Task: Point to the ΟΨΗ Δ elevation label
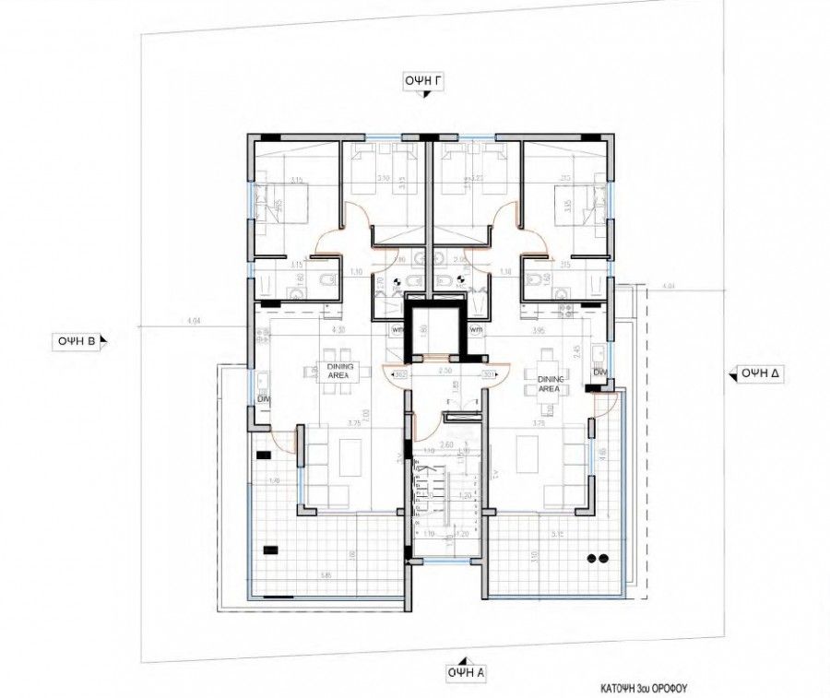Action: [758, 373]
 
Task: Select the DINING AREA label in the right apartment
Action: [550, 384]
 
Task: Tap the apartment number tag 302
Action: [400, 375]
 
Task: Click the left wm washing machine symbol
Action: [398, 329]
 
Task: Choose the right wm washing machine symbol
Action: [476, 329]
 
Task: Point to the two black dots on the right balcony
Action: [596, 558]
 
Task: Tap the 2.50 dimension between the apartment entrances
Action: [445, 369]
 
